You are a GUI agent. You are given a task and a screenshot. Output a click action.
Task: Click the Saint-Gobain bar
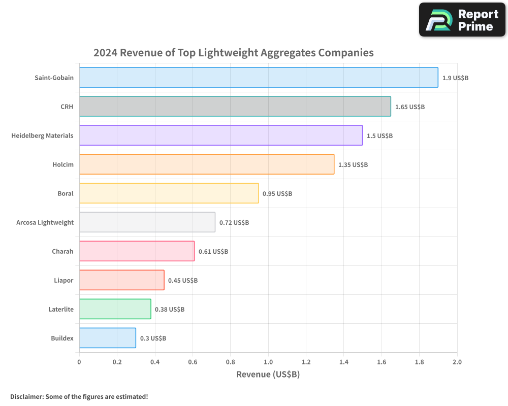[x=259, y=77]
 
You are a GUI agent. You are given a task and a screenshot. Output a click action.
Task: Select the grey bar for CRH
[x=235, y=106]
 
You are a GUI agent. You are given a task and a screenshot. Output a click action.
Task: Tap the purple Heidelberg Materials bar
[x=220, y=135]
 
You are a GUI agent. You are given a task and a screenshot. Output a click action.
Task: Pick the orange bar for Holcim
[x=206, y=164]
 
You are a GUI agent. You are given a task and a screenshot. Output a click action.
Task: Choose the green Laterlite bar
[x=115, y=309]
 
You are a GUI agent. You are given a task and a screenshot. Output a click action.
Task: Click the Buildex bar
[x=108, y=337]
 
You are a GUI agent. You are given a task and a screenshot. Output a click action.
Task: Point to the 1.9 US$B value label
[x=455, y=78]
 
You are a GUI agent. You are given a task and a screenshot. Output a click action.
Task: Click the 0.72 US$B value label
[x=234, y=223]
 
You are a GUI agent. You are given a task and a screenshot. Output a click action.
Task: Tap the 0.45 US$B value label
[x=183, y=281]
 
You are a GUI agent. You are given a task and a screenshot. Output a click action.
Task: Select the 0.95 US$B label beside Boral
[x=277, y=194]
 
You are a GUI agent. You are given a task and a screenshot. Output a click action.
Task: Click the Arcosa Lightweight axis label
[x=45, y=222]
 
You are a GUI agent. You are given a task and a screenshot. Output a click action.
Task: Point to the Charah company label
[x=62, y=251]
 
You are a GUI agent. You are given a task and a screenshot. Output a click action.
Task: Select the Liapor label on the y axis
[x=63, y=280]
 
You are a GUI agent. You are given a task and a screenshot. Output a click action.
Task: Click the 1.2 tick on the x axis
[x=306, y=362]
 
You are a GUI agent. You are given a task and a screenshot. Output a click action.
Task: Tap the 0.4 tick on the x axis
[x=154, y=362]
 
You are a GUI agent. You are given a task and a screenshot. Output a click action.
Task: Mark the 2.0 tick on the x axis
[x=457, y=362]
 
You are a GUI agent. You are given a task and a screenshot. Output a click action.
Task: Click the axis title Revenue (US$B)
[x=268, y=375]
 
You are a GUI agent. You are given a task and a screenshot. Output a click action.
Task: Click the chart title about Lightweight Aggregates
[x=233, y=53]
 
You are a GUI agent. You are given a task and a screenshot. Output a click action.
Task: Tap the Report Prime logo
[x=462, y=20]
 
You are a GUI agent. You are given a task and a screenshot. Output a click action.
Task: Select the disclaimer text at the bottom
[x=79, y=396]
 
